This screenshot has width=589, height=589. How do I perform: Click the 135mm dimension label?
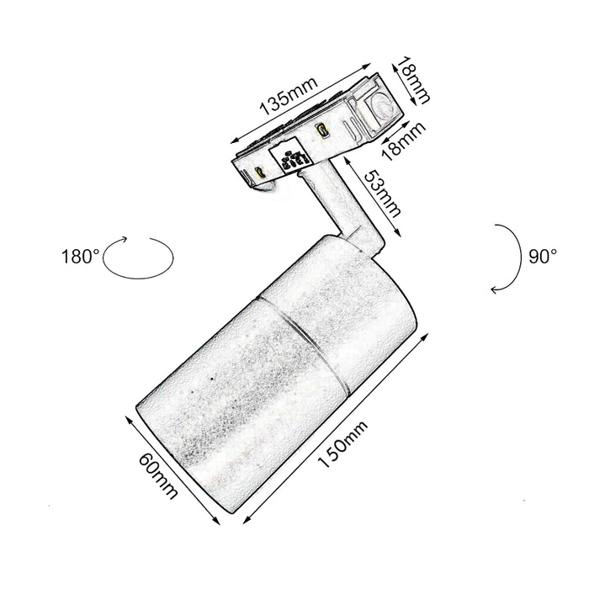[289, 97]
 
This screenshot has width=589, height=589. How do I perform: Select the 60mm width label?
[158, 475]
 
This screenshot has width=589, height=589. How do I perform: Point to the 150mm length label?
[342, 445]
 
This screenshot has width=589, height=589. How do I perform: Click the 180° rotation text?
[81, 257]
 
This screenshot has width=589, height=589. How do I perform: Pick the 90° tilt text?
[543, 257]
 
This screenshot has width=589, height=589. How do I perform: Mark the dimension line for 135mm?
[300, 103]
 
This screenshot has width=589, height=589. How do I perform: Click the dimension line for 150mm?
[336, 427]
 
